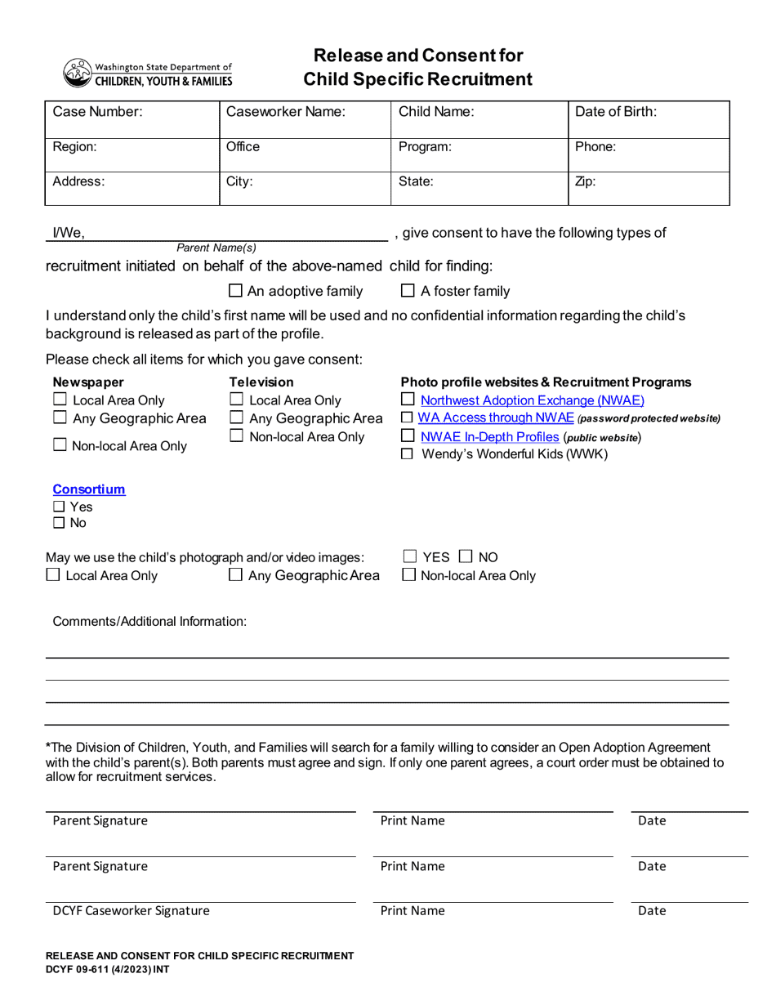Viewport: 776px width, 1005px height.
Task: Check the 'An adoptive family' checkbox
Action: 235,291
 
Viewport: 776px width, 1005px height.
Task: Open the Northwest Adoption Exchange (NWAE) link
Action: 532,400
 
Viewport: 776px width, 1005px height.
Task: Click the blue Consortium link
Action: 89,489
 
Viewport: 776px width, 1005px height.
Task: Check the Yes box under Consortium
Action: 59,507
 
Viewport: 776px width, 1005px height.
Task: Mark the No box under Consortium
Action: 59,524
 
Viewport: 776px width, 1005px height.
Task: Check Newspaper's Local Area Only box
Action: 60,400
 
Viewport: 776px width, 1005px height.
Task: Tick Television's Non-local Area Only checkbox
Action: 236,437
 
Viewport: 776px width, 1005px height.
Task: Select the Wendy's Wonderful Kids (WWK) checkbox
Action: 408,454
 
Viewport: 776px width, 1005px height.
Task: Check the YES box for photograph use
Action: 411,557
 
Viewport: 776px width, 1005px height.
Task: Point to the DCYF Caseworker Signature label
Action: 131,910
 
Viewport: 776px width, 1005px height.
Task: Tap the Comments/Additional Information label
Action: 149,622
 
